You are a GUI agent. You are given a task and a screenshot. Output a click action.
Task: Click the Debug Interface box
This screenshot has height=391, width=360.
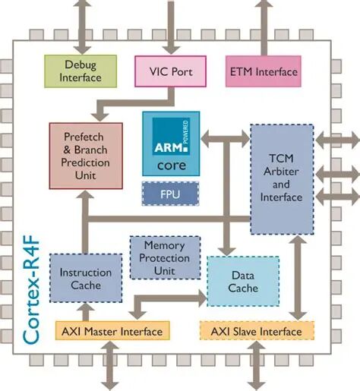pos(81,71)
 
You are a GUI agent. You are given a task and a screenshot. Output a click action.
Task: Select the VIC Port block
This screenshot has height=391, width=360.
pos(172,72)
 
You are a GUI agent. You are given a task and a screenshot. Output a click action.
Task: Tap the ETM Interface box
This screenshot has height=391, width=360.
pos(263,71)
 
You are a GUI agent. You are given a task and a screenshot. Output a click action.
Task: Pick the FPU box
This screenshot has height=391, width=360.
pos(171,193)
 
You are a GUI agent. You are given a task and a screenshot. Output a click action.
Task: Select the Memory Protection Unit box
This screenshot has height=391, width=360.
pos(166,259)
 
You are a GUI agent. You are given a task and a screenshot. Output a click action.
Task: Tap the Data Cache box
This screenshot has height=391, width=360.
pos(243,282)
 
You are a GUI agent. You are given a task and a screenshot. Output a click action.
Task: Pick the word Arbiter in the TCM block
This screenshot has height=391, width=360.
pos(281,172)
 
